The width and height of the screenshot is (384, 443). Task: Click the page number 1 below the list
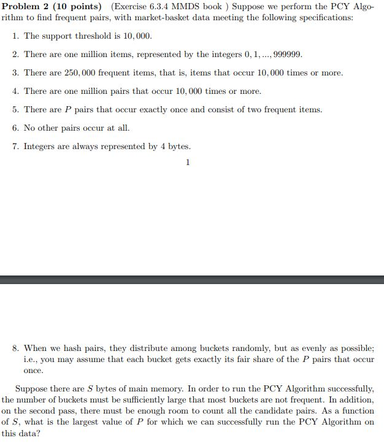188,163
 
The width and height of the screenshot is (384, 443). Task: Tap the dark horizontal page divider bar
192,279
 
